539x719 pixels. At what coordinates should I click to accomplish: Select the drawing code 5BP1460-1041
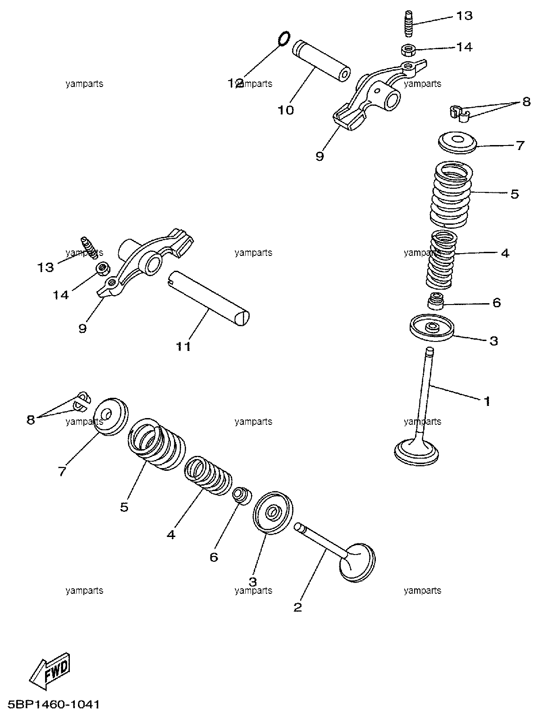pyautogui.click(x=54, y=704)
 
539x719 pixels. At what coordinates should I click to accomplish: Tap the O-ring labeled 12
pyautogui.click(x=284, y=38)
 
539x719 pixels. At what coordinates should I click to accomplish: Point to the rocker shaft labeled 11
pyautogui.click(x=208, y=298)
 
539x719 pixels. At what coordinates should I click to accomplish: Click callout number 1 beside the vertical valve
pyautogui.click(x=487, y=401)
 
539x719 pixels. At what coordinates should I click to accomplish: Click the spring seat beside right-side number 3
pyautogui.click(x=432, y=328)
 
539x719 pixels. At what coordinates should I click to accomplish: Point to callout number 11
pyautogui.click(x=183, y=346)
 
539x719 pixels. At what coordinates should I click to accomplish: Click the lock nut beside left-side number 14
pyautogui.click(x=103, y=269)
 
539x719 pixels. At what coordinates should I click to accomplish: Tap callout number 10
pyautogui.click(x=286, y=110)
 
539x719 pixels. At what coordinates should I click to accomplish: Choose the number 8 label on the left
pyautogui.click(x=31, y=419)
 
